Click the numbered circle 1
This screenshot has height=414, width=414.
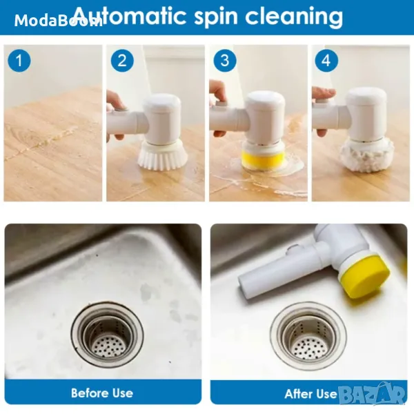(x=19, y=61)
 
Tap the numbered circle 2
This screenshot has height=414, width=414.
(x=122, y=61)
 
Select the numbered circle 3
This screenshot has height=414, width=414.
(x=225, y=61)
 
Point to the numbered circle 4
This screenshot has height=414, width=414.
(x=326, y=61)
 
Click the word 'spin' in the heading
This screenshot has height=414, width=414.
(x=216, y=17)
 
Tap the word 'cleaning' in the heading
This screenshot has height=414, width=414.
(x=294, y=17)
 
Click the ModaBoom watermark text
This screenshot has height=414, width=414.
(x=59, y=21)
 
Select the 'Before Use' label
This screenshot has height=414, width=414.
(x=102, y=393)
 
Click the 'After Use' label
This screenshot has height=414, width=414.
(x=310, y=394)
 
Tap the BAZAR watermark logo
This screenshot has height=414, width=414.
(x=372, y=395)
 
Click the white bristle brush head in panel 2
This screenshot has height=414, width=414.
(x=162, y=155)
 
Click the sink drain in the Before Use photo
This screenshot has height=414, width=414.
(x=108, y=335)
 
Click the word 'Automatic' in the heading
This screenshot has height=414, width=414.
(x=130, y=16)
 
